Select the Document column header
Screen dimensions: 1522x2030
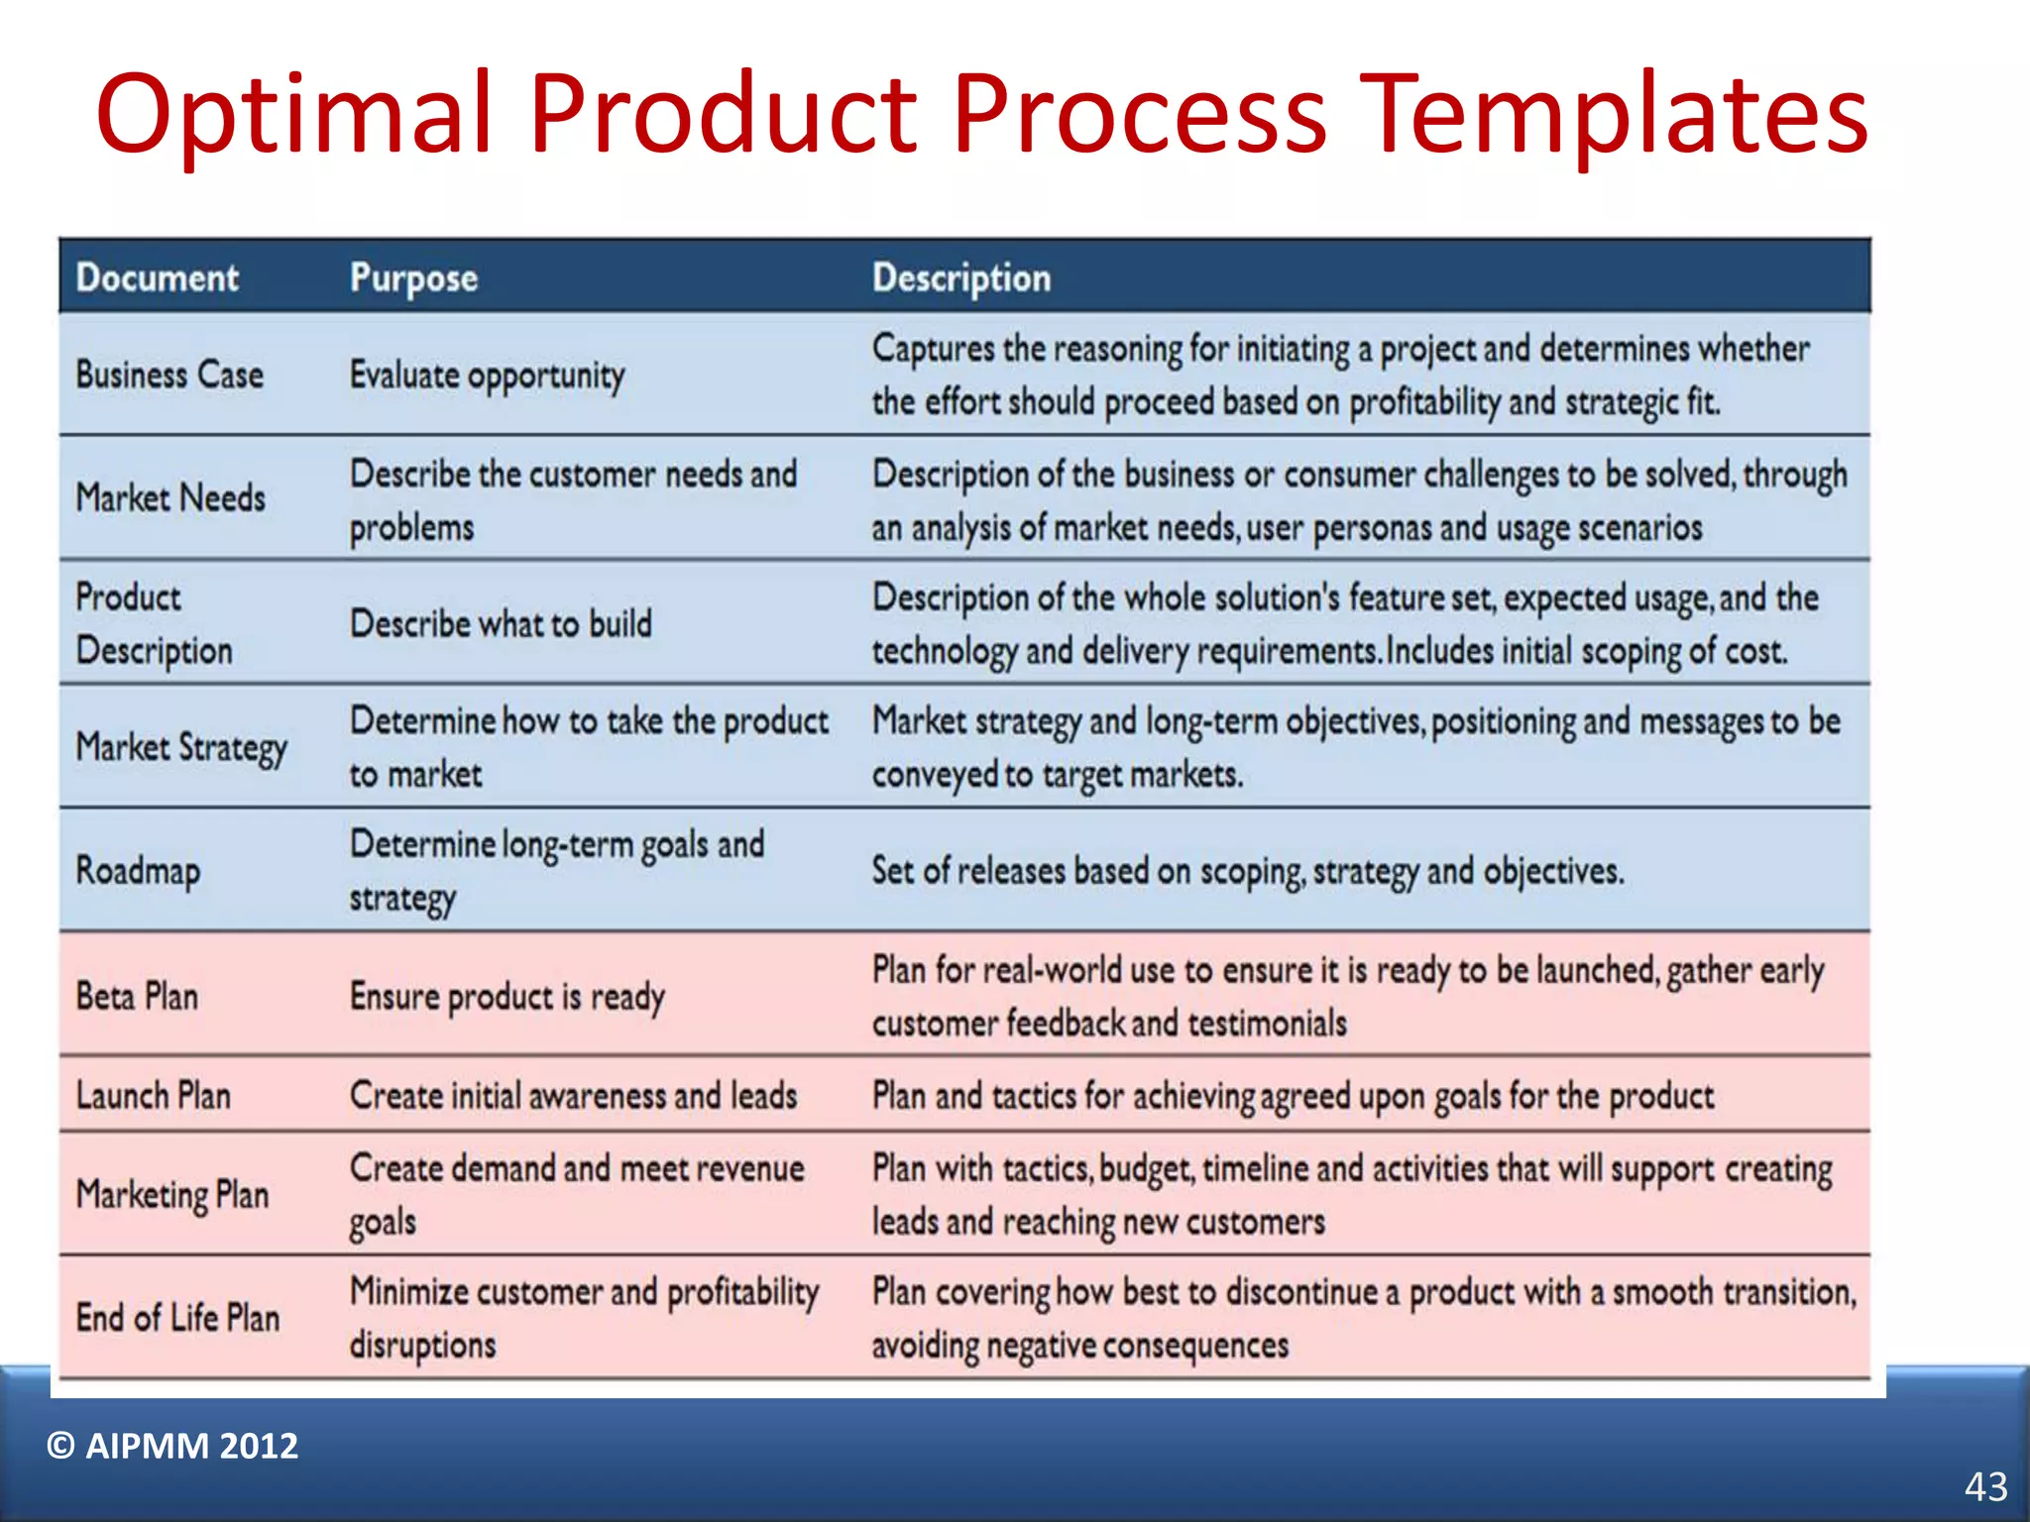coord(158,277)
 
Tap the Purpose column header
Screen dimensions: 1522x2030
coord(413,278)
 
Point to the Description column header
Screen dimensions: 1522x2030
coord(960,278)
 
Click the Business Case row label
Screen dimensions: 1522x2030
coord(169,376)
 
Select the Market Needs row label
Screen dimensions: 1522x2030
coord(170,497)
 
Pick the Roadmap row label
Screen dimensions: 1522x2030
coord(138,871)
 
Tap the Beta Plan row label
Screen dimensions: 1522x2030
coord(137,996)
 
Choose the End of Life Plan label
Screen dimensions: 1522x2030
coord(177,1318)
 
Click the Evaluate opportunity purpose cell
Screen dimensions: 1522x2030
coord(487,376)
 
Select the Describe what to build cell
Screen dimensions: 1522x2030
coord(501,624)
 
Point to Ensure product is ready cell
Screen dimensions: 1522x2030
coord(507,997)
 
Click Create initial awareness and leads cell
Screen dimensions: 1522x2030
coord(573,1096)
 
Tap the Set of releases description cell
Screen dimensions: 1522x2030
coord(1247,871)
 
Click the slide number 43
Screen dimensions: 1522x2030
coord(1985,1486)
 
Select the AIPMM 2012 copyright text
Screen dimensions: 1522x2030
coord(172,1446)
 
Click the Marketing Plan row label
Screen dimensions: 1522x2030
coord(172,1194)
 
